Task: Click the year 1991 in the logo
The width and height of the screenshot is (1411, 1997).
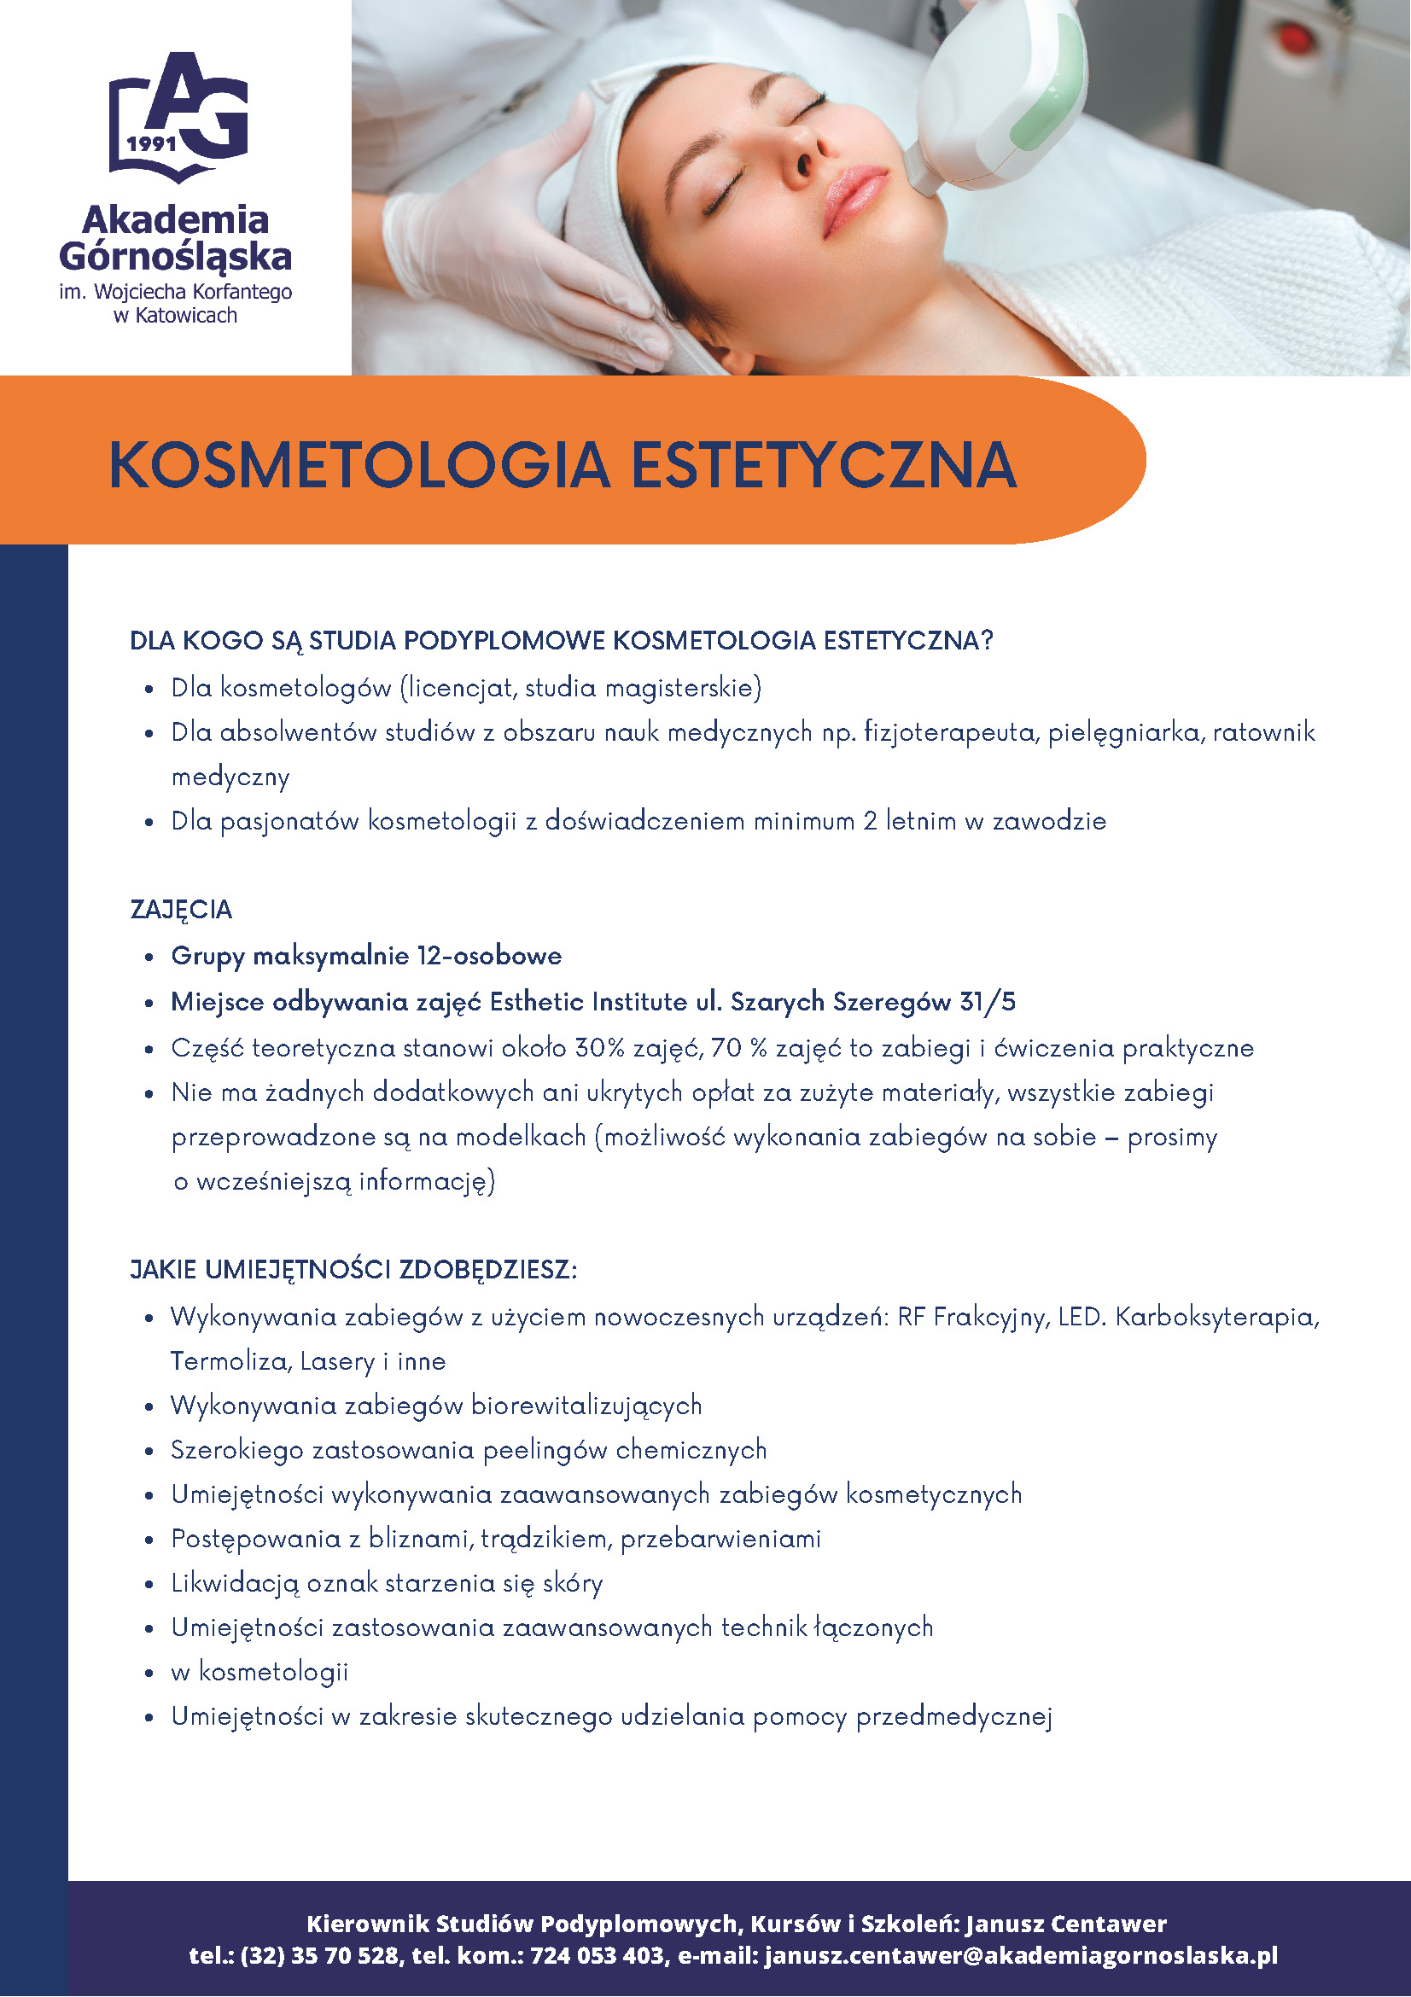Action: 152,143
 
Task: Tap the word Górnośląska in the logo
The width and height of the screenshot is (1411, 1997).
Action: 176,256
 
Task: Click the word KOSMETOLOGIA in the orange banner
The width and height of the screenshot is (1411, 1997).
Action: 359,464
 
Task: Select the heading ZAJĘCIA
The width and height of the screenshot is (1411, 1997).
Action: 181,910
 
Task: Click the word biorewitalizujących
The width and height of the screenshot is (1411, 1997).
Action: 586,1406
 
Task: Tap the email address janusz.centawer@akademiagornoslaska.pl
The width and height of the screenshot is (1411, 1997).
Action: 1021,1955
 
